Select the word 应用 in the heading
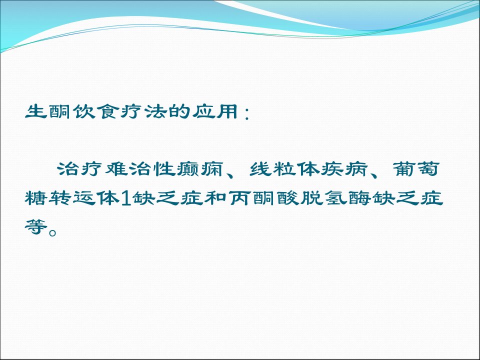[x=214, y=111]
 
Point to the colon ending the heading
[x=246, y=113]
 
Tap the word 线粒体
[x=284, y=168]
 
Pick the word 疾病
[x=344, y=168]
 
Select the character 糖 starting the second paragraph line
[x=36, y=198]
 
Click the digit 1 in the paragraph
[x=126, y=198]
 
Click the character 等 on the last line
[x=36, y=227]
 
